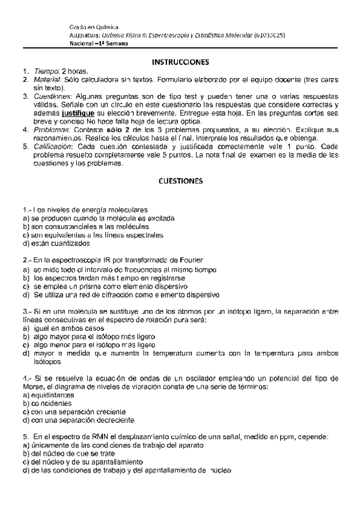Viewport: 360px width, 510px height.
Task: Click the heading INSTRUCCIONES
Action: tap(180, 62)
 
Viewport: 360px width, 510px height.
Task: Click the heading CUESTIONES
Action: tap(180, 180)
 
